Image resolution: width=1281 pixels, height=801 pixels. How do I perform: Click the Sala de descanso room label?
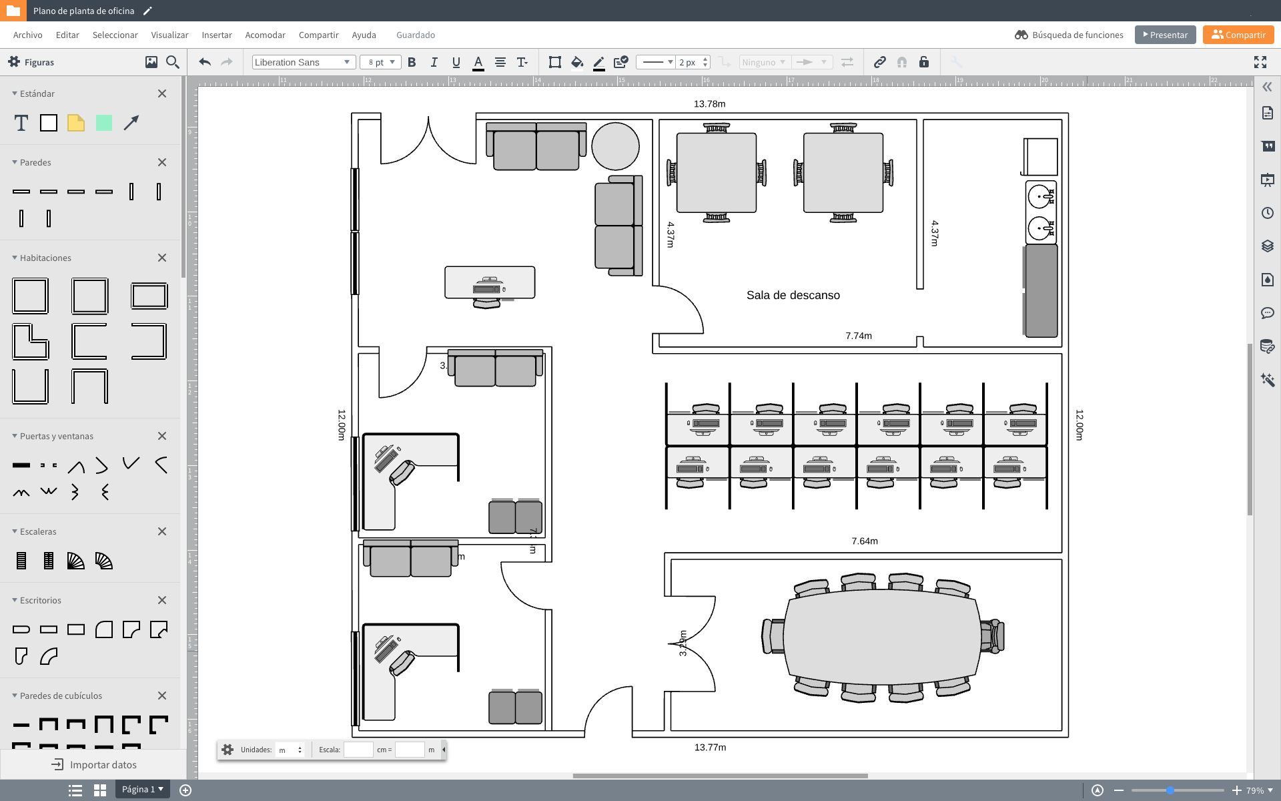point(793,295)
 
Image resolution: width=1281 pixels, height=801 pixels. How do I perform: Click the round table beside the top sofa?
point(615,146)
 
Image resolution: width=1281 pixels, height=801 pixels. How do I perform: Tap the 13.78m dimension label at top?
point(709,104)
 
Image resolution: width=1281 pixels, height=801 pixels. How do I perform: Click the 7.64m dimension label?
point(864,541)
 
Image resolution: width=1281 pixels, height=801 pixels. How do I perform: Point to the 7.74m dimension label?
point(858,336)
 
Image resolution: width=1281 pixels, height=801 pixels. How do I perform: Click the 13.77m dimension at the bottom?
point(710,748)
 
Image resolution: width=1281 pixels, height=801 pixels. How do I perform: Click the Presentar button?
point(1165,35)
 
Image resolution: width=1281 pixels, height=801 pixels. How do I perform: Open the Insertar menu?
point(216,35)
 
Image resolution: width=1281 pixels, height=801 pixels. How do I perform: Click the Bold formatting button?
point(412,62)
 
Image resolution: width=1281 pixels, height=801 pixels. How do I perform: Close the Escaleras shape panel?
point(161,531)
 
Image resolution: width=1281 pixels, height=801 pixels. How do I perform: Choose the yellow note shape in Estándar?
point(76,123)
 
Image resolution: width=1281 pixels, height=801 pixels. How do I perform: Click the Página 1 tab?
point(142,789)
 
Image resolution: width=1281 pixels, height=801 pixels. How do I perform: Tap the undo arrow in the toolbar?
point(205,62)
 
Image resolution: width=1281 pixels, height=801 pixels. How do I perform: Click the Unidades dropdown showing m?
point(290,750)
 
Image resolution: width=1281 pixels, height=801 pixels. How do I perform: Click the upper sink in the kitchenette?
point(1040,196)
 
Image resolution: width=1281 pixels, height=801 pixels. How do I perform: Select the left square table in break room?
point(716,173)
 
